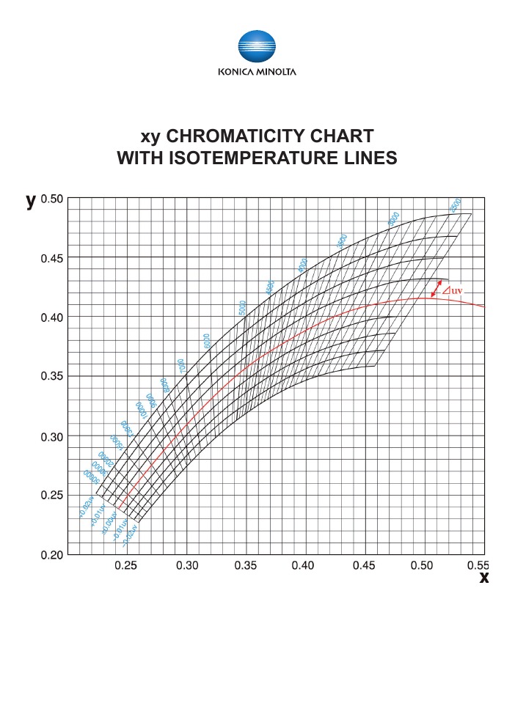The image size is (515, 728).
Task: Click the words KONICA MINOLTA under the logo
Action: tap(257, 72)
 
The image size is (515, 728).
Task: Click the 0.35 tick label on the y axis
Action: tap(52, 377)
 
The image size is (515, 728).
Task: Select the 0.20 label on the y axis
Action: tap(52, 554)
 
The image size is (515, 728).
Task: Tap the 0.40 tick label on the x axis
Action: tap(303, 566)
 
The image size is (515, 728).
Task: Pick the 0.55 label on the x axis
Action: tap(477, 566)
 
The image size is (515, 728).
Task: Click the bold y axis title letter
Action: tap(31, 201)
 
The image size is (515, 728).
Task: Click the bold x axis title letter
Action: tap(483, 578)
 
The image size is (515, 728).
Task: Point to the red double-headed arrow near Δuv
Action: tap(436, 290)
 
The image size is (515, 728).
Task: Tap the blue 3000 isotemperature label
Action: tap(393, 218)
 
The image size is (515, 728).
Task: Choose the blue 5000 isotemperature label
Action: tap(241, 306)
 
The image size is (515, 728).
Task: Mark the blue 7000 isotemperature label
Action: tap(180, 364)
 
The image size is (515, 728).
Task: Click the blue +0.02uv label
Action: tap(86, 508)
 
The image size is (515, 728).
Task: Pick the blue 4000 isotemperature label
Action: tap(302, 265)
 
